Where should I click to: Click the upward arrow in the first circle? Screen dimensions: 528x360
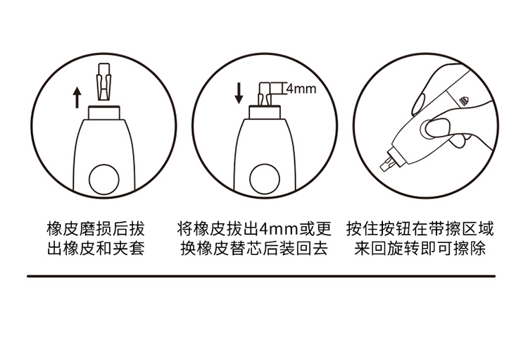77,97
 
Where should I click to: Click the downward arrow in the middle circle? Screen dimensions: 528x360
239,94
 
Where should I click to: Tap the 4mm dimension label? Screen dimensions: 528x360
301,89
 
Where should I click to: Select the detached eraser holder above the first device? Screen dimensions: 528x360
104,82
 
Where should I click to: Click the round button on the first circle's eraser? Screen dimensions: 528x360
104,180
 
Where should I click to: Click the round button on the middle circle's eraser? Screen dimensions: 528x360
265,180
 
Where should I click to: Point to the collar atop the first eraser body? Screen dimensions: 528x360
104,113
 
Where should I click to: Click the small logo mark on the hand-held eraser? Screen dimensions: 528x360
464,101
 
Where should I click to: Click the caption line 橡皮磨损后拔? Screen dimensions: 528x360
96,229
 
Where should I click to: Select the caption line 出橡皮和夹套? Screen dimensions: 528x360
96,249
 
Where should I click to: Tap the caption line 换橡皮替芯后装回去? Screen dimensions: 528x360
254,249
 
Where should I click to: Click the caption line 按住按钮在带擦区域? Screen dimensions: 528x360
420,229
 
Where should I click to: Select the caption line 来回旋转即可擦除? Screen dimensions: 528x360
420,249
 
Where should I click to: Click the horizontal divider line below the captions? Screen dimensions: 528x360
261,276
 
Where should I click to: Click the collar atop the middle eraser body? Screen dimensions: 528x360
265,112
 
